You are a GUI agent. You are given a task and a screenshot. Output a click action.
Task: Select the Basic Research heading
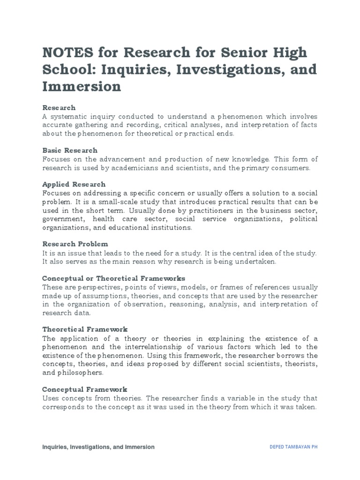(x=70, y=150)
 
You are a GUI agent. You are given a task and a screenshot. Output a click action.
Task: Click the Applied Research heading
(x=74, y=184)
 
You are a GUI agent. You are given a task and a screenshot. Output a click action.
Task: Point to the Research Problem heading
(x=75, y=244)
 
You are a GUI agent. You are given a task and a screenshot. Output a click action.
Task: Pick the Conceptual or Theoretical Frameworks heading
(x=113, y=278)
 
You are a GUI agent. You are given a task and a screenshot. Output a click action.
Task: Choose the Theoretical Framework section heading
(x=85, y=329)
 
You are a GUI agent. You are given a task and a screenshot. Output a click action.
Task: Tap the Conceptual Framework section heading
(x=84, y=389)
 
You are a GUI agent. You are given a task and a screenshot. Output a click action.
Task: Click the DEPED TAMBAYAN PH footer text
(x=291, y=447)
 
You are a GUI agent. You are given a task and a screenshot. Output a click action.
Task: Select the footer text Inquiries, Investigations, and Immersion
(x=98, y=447)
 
